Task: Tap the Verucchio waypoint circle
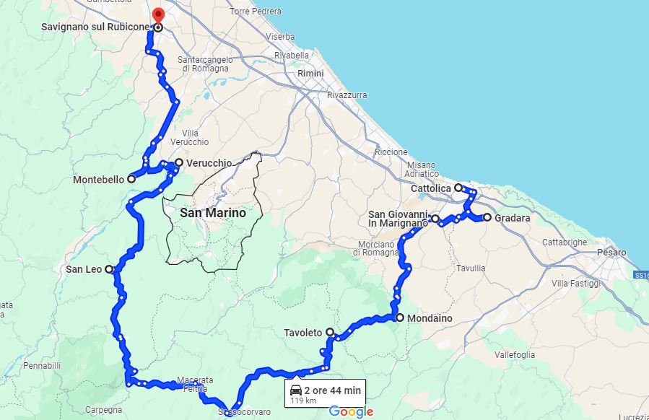click(179, 162)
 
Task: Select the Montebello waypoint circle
click(131, 179)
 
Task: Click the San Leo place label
click(84, 269)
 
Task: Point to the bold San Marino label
click(212, 213)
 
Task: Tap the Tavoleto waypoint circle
click(330, 332)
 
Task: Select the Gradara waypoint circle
click(487, 217)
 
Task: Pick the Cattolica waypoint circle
click(458, 188)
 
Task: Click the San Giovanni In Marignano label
click(398, 219)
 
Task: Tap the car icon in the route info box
click(295, 390)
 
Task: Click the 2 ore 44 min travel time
click(332, 390)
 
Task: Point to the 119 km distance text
click(303, 400)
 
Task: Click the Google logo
click(352, 412)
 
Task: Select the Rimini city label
click(310, 74)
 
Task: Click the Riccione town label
click(391, 152)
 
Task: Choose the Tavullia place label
click(471, 268)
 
